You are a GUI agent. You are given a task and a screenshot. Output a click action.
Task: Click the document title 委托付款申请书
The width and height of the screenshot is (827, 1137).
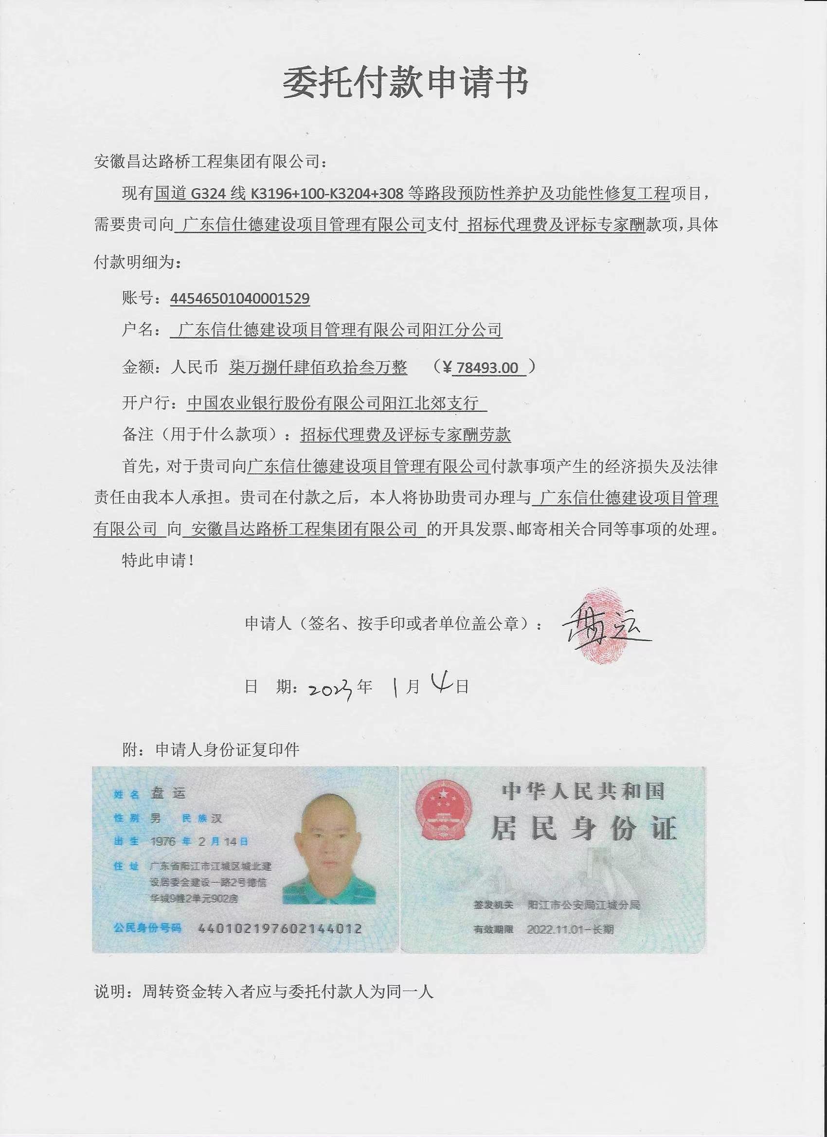[405, 83]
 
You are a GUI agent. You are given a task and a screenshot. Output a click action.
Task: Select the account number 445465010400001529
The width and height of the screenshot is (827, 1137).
[240, 299]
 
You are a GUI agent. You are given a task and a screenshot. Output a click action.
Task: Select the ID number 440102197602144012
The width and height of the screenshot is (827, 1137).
[280, 928]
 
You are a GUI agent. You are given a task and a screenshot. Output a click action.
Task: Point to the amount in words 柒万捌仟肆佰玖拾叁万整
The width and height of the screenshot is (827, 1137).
[318, 368]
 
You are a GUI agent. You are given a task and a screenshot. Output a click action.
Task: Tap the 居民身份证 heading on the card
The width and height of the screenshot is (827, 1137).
[584, 828]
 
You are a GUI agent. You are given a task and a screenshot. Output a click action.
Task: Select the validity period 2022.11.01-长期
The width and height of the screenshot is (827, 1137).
[570, 929]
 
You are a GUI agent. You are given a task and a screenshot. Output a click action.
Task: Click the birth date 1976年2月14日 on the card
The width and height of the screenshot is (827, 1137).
[199, 841]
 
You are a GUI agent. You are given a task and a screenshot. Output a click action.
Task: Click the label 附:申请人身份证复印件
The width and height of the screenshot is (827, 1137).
[211, 750]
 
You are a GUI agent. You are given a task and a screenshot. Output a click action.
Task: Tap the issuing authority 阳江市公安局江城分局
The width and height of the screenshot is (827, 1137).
[584, 905]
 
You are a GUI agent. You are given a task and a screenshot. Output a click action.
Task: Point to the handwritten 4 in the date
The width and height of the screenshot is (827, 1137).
[442, 685]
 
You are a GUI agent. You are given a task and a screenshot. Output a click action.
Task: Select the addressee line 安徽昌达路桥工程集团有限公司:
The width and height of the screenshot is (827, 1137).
[212, 162]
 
